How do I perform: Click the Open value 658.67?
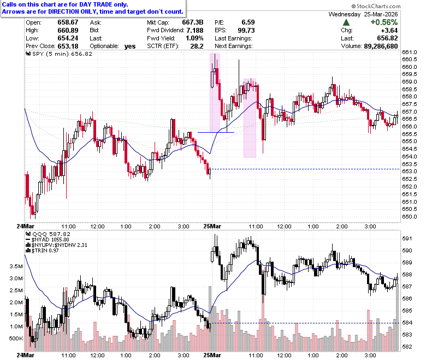click(x=68, y=22)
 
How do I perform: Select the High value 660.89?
click(x=68, y=31)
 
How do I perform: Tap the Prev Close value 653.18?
click(x=68, y=46)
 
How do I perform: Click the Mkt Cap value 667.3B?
click(x=193, y=22)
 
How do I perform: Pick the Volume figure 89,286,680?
click(x=381, y=46)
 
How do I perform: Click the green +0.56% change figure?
click(x=384, y=22)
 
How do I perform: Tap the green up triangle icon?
click(x=346, y=22)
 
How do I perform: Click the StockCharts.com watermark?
click(x=376, y=6)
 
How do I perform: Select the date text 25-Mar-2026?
click(x=381, y=14)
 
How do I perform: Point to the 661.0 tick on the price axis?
click(x=410, y=52)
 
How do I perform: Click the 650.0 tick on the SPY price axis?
click(x=410, y=216)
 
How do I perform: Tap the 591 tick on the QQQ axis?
click(x=407, y=239)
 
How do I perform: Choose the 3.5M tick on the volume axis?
click(x=16, y=266)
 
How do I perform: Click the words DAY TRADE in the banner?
click(x=96, y=4)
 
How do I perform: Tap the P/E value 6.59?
click(x=248, y=22)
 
